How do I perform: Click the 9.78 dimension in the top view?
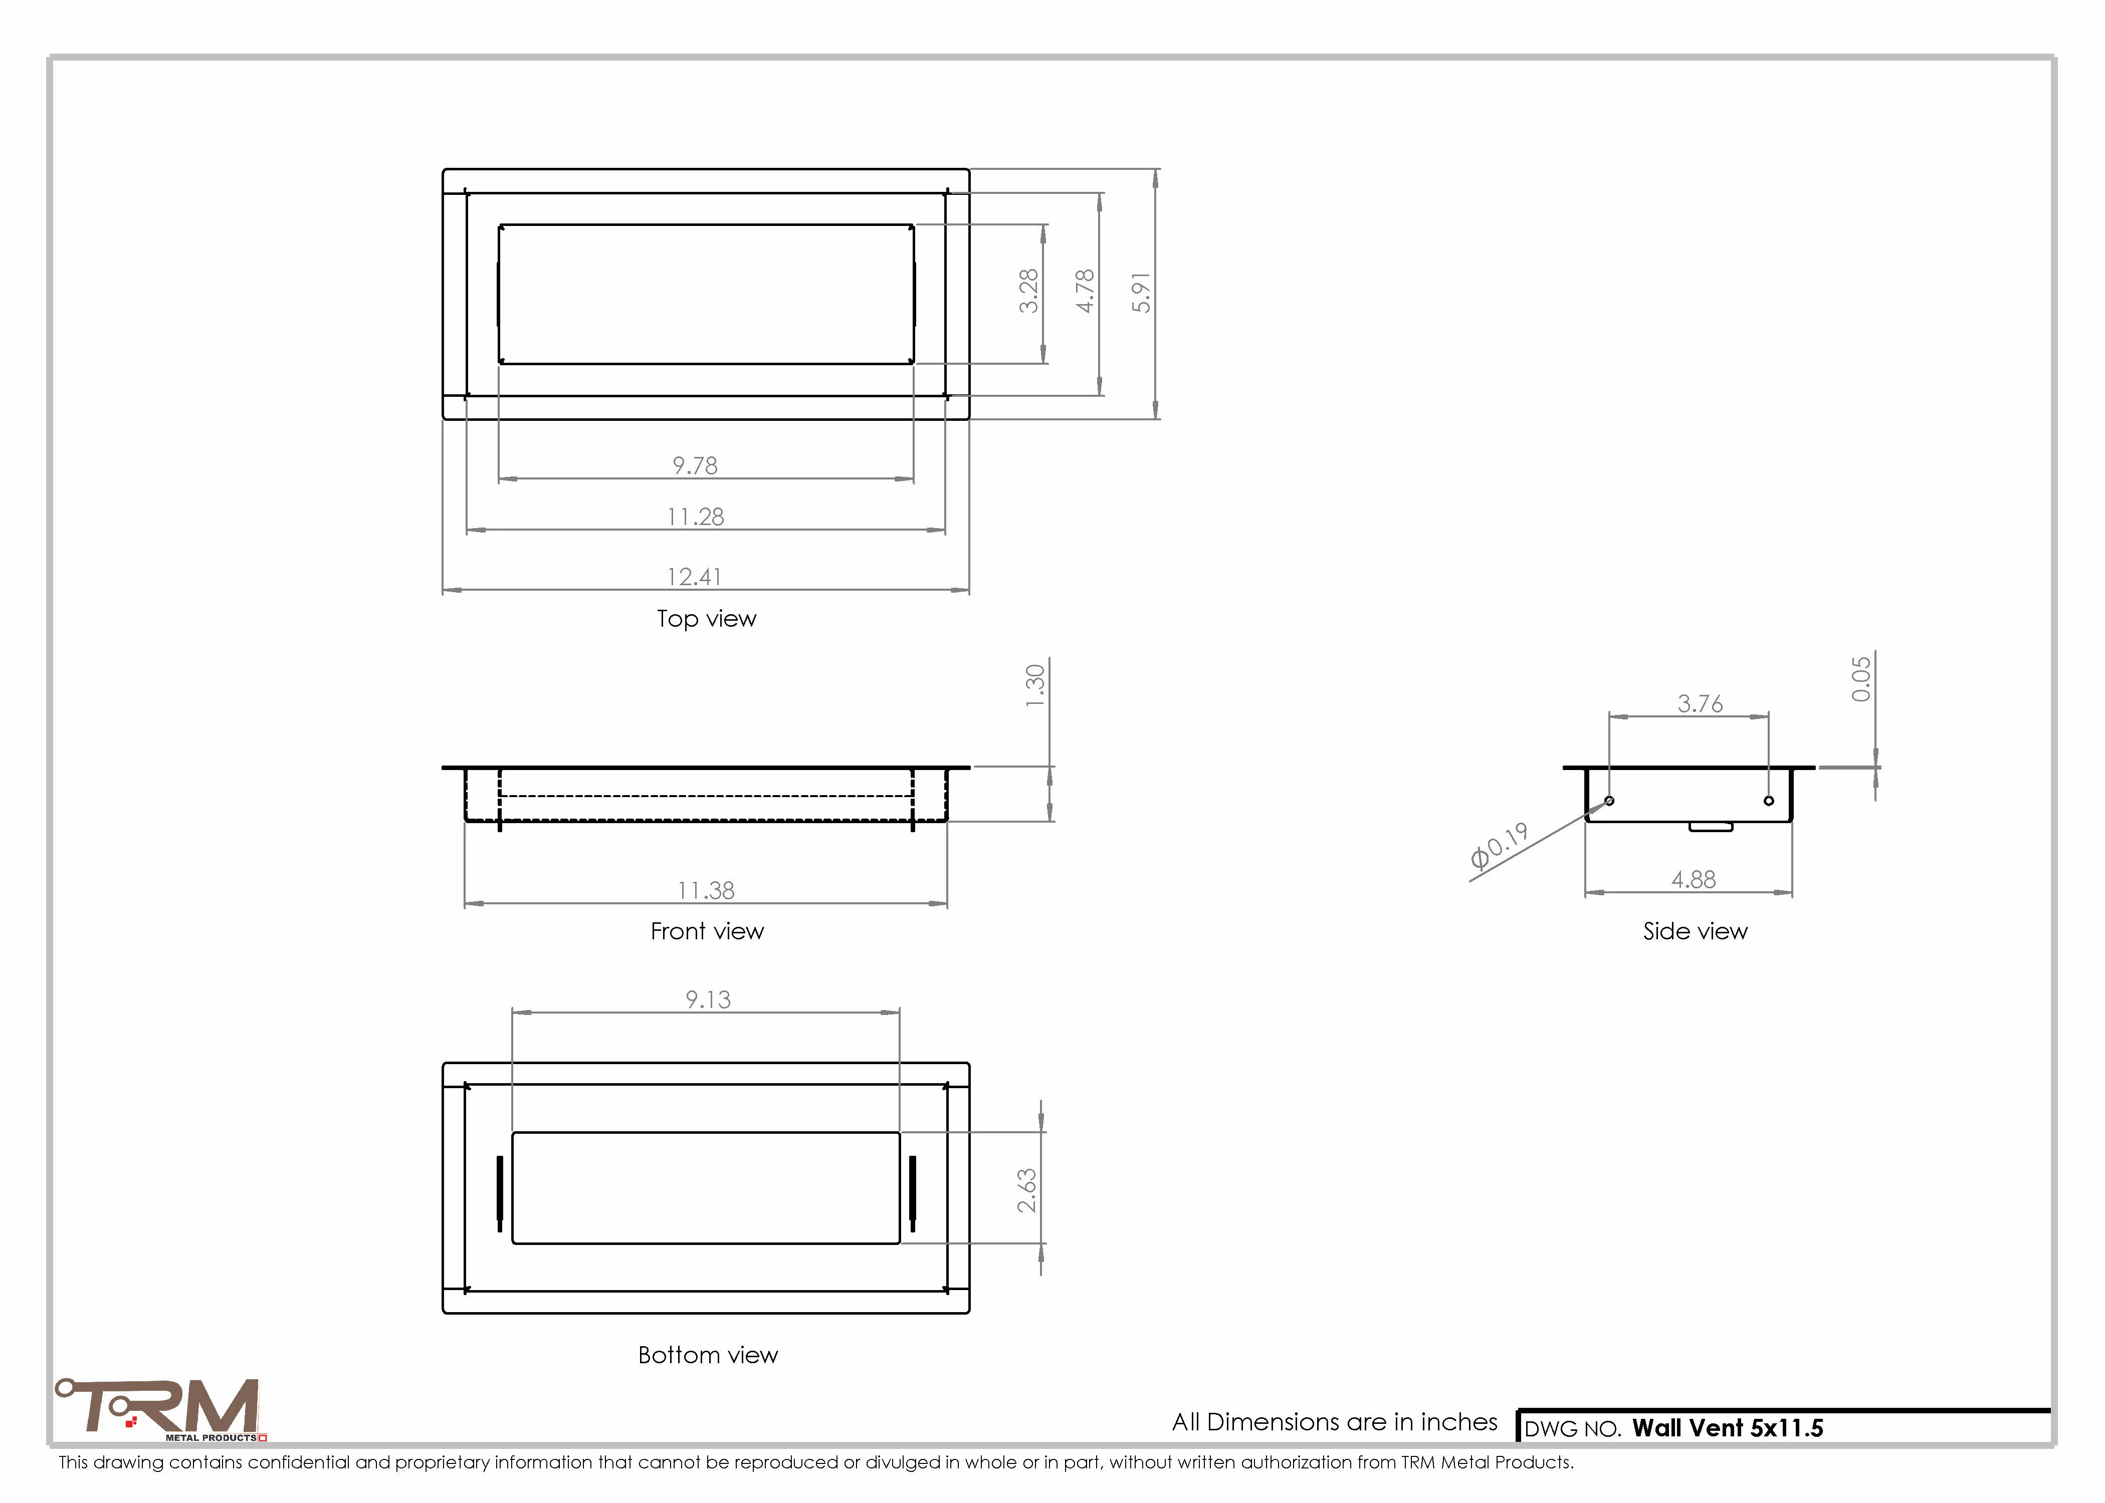pos(695,465)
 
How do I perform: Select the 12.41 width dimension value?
pos(694,577)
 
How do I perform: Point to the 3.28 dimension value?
pos(1028,291)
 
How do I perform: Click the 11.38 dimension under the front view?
pos(706,890)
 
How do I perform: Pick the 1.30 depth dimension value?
pos(1035,686)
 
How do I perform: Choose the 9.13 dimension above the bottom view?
pos(708,999)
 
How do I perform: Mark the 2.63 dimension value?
pos(1026,1190)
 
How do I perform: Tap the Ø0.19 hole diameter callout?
pos(1500,846)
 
